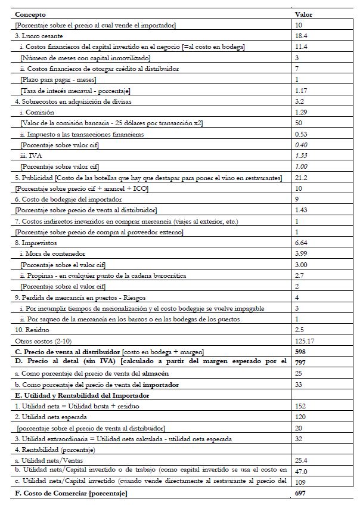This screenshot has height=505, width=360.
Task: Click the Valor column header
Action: point(303,14)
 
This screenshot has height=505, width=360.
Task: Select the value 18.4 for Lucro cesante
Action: point(302,36)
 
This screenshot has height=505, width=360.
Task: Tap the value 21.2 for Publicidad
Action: point(302,178)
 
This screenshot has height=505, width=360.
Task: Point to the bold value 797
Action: point(301,363)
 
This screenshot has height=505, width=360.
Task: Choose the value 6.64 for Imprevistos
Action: point(302,243)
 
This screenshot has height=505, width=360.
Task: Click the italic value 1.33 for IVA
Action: point(302,156)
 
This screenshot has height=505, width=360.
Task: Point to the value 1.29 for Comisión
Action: point(302,112)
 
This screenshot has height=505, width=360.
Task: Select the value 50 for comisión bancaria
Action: point(299,123)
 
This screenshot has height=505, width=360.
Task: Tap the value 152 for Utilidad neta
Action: point(301,407)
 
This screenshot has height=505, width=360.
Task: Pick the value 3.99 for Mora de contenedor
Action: point(302,254)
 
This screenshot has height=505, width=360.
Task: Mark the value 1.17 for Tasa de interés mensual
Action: point(302,90)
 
